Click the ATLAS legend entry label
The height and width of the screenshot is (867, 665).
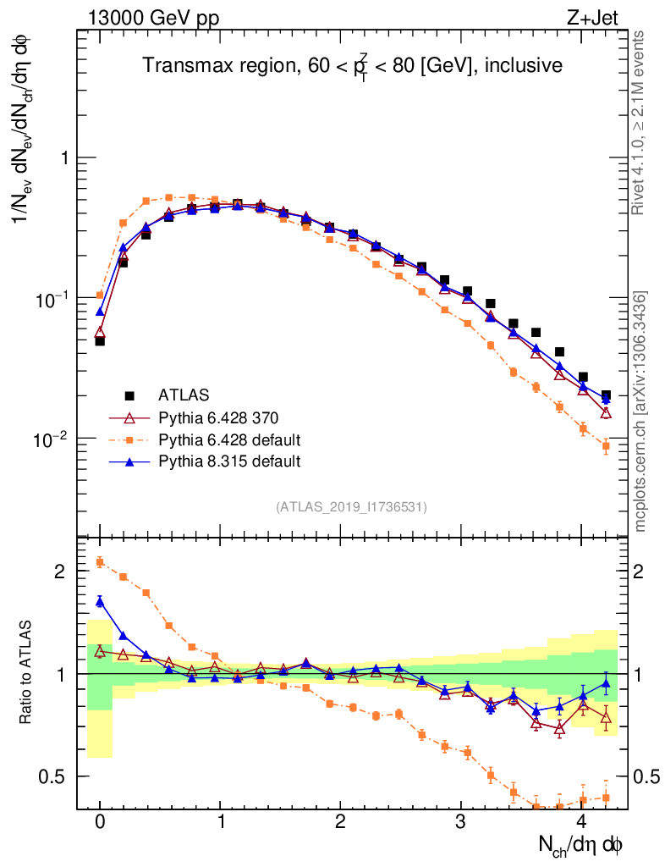click(x=183, y=395)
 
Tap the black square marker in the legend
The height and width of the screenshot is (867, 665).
click(x=129, y=395)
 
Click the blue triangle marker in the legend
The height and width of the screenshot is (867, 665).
click(x=129, y=461)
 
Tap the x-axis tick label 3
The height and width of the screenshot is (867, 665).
click(x=460, y=822)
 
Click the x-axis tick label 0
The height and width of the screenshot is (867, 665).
click(x=100, y=822)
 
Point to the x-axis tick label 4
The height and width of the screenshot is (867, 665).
click(x=581, y=822)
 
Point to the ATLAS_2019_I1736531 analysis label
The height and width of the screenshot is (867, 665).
click(x=351, y=507)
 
